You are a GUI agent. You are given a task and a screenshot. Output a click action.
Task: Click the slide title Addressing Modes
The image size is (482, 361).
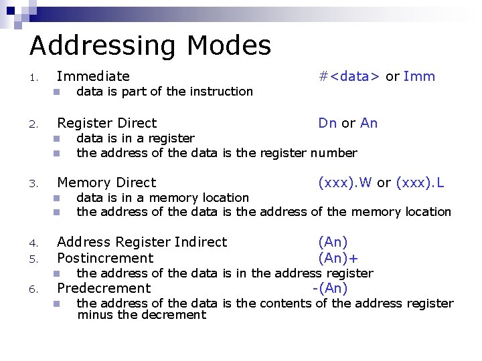click(150, 45)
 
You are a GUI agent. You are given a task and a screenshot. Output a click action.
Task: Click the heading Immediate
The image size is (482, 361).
click(93, 76)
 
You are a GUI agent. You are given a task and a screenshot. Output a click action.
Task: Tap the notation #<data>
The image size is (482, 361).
click(349, 76)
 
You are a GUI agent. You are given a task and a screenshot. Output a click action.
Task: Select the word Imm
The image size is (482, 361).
click(420, 76)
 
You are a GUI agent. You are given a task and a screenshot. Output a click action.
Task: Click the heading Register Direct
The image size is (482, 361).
click(106, 123)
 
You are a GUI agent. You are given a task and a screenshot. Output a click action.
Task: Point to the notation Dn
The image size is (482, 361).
click(327, 123)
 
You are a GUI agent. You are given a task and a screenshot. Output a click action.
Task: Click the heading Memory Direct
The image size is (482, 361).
click(106, 183)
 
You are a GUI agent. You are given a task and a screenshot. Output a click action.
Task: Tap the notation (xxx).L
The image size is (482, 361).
click(420, 183)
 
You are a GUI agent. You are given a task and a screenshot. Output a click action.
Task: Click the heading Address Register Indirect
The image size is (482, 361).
click(142, 242)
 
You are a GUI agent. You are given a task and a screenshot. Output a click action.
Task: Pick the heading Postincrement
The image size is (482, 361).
click(105, 258)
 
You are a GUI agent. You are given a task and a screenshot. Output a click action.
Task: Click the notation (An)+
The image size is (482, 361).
click(338, 258)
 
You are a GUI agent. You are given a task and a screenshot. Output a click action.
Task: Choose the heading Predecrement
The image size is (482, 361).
click(104, 288)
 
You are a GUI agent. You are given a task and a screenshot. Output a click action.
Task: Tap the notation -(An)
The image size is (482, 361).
click(330, 288)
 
